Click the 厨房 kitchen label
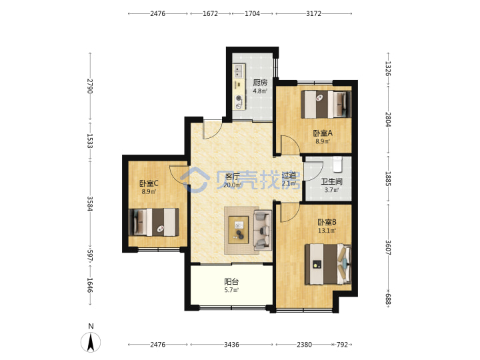pyautogui.click(x=260, y=83)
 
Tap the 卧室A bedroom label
pyautogui.click(x=323, y=133)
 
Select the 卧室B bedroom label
pyautogui.click(x=327, y=222)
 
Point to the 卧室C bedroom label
pyautogui.click(x=149, y=183)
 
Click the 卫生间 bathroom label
pyautogui.click(x=331, y=181)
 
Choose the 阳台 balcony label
pyautogui.click(x=231, y=281)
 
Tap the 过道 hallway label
pyautogui.click(x=289, y=175)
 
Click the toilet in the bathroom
pyautogui.click(x=337, y=164)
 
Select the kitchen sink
pyautogui.click(x=239, y=71)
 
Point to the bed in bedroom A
pyautogui.click(x=326, y=105)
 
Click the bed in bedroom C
pyautogui.click(x=154, y=222)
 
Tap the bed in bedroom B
pyautogui.click(x=328, y=264)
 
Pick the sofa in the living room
pyautogui.click(x=263, y=230)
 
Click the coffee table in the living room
pyautogui.click(x=239, y=230)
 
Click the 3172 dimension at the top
pyautogui.click(x=314, y=13)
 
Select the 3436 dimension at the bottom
pyautogui.click(x=231, y=345)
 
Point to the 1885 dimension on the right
pyautogui.click(x=388, y=179)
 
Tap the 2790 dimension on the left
pyautogui.click(x=90, y=86)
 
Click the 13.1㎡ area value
pyautogui.click(x=327, y=231)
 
